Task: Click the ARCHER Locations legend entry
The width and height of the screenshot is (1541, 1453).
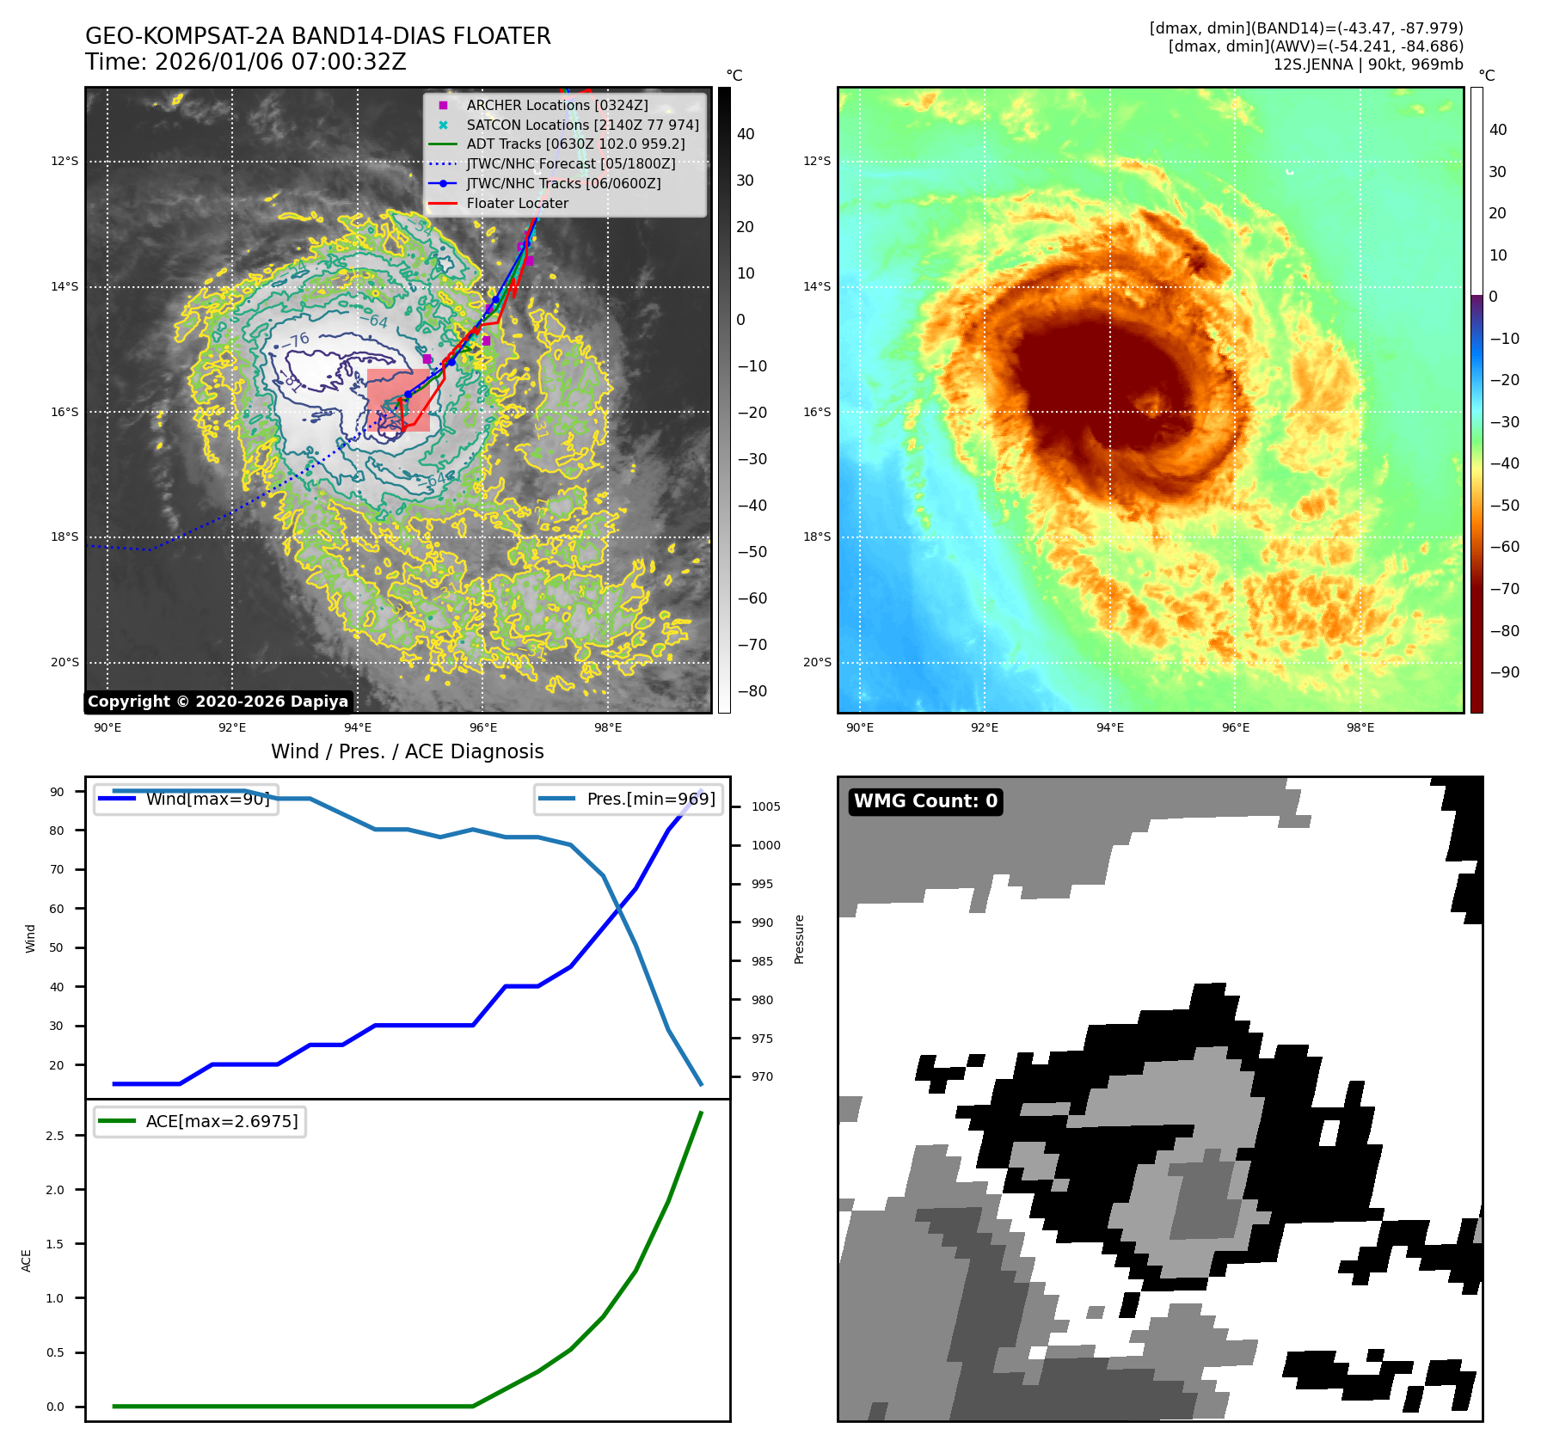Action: [x=556, y=105]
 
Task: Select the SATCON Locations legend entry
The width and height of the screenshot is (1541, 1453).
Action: [x=582, y=125]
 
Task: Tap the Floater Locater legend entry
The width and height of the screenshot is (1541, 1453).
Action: [x=517, y=203]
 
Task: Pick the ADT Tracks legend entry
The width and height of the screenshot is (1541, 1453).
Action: [x=575, y=144]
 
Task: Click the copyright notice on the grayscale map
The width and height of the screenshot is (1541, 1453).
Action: [x=218, y=702]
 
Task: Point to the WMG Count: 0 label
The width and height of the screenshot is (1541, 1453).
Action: [x=925, y=801]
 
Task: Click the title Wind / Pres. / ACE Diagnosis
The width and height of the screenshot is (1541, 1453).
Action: [x=408, y=751]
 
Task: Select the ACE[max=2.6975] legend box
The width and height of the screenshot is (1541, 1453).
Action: [x=200, y=1121]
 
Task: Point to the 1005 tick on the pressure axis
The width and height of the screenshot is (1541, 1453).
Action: [x=765, y=806]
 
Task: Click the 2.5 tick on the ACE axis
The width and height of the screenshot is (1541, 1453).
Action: [x=55, y=1136]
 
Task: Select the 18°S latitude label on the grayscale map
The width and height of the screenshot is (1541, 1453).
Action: [x=64, y=536]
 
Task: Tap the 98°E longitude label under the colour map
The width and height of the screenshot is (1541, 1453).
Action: [x=1360, y=727]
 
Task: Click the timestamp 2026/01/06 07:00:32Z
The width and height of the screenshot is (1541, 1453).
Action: [x=280, y=63]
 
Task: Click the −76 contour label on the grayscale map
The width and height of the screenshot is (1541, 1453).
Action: [x=298, y=340]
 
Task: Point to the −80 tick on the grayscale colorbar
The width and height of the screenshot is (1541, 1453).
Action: [x=751, y=691]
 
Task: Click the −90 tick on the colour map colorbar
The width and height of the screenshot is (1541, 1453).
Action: [x=1504, y=672]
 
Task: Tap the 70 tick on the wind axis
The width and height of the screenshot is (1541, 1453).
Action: [x=57, y=869]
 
